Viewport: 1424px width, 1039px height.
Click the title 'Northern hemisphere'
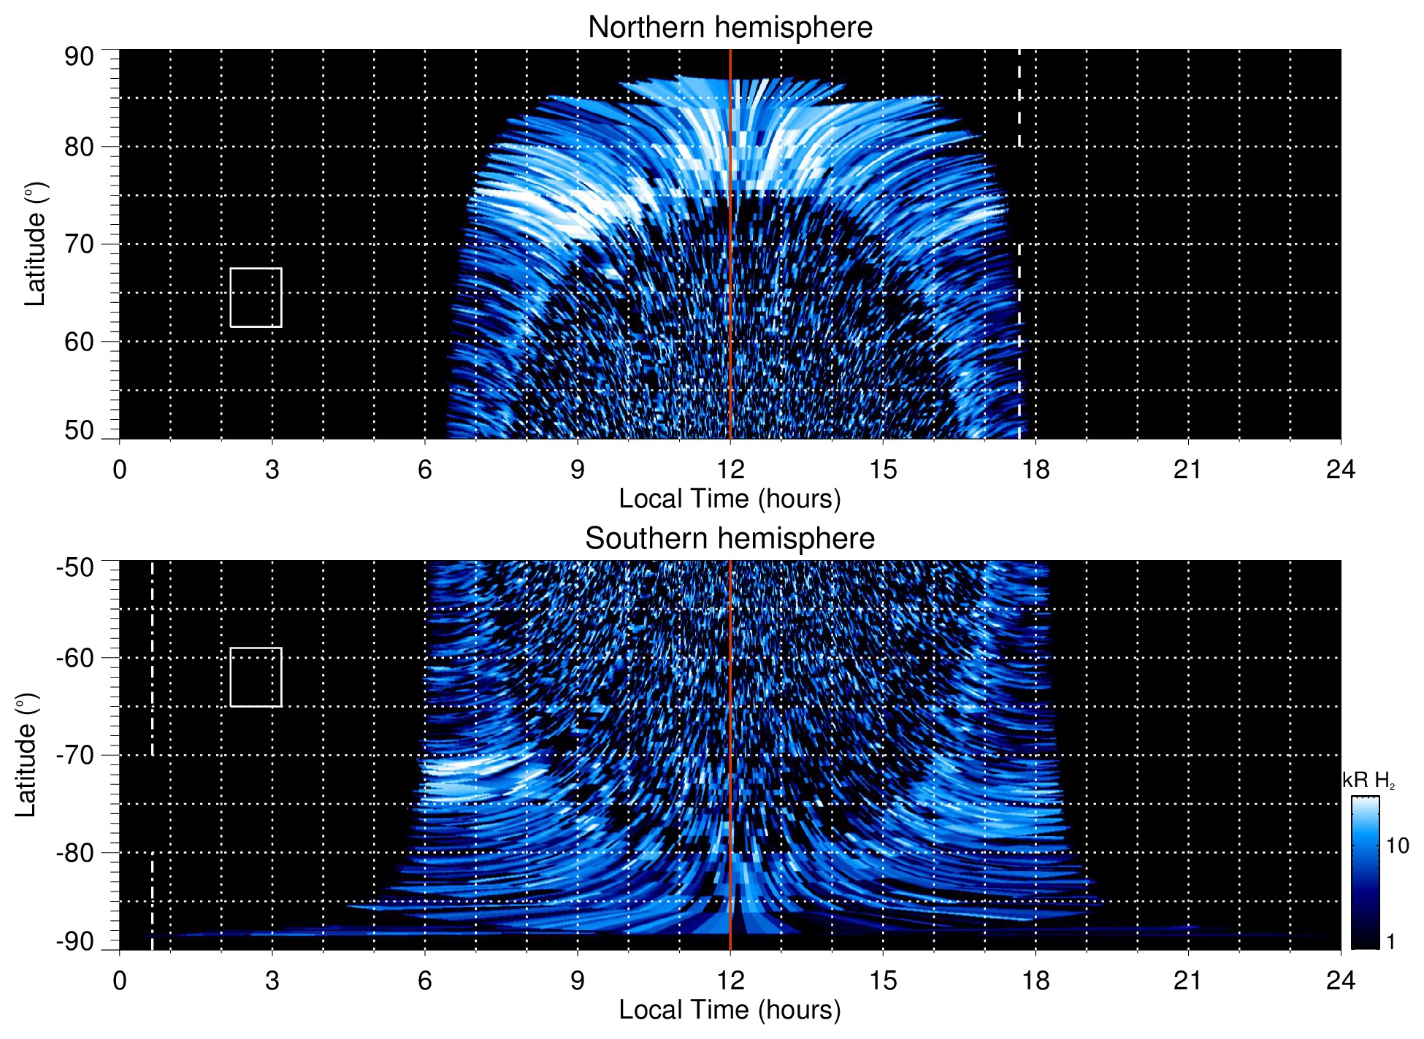point(730,28)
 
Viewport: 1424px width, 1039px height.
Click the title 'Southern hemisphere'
point(730,539)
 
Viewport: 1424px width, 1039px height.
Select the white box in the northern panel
point(256,297)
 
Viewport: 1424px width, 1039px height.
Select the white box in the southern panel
point(256,677)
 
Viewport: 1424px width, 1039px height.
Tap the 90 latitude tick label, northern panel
point(79,57)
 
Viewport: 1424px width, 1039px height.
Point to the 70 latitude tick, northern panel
point(79,244)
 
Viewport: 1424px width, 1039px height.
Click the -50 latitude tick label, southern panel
point(75,567)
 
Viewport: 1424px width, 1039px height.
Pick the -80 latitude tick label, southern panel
point(75,853)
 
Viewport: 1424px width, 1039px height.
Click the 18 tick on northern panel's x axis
point(1036,469)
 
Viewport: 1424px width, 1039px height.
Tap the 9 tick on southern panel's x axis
point(578,980)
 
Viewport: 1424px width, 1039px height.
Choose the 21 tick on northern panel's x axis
point(1188,469)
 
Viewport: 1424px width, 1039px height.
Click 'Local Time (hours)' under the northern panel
point(730,499)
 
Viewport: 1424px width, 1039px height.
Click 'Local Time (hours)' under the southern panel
point(730,1010)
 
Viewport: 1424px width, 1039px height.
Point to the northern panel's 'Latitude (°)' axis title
point(35,244)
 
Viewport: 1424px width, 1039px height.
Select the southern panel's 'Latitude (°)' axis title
point(26,755)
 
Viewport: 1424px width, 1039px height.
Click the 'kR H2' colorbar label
point(1368,781)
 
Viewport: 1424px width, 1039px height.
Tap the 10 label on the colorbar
point(1397,846)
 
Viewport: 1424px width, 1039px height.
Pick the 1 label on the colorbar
point(1390,942)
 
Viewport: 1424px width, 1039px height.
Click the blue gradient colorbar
point(1364,873)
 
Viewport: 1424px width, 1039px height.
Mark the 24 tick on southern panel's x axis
point(1340,980)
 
